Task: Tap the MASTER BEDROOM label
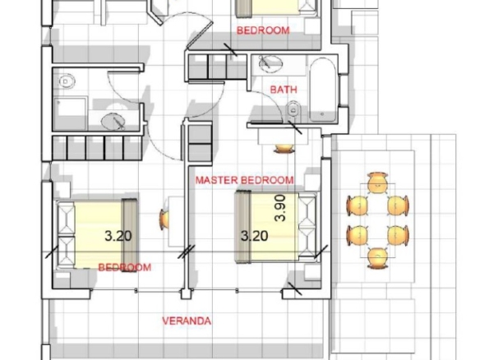tap(245, 180)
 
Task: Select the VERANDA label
tap(187, 321)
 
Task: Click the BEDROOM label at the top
tap(263, 30)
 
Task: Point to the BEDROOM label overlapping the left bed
tap(125, 267)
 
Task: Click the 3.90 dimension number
tap(280, 208)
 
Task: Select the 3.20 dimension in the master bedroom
tap(255, 236)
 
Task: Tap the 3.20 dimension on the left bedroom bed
tap(118, 236)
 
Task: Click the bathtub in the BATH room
tap(324, 89)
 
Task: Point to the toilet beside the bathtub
tap(293, 111)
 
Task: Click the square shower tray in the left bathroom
tap(70, 113)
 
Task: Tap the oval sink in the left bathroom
tap(113, 121)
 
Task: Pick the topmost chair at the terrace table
tap(377, 182)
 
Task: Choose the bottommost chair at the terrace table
tap(377, 258)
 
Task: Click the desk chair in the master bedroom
tap(284, 148)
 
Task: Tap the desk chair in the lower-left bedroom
tap(164, 219)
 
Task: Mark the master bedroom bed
tap(276, 227)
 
